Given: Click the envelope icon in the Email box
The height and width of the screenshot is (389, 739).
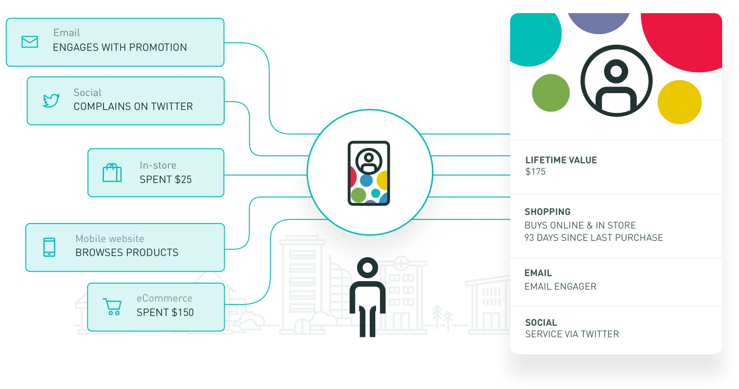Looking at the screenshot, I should [30, 42].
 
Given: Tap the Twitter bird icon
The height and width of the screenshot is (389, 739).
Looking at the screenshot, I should [51, 101].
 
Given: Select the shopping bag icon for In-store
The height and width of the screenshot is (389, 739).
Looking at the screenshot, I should [112, 173].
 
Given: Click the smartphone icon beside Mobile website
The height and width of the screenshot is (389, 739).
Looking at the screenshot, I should [49, 247].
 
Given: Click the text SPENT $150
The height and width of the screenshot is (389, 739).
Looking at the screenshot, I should [165, 313].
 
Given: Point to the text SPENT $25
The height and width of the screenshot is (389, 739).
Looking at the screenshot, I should [165, 180].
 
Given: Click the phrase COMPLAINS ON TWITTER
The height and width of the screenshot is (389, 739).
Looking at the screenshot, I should [133, 107].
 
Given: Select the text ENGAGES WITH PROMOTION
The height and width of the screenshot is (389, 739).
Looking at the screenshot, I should [120, 48].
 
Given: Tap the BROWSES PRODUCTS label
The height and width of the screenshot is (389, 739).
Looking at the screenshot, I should [127, 253].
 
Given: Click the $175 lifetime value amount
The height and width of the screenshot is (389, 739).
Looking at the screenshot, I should [535, 172].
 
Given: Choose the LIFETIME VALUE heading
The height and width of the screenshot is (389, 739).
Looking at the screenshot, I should [561, 160].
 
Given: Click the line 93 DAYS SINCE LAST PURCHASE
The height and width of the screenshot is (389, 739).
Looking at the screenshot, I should [594, 238].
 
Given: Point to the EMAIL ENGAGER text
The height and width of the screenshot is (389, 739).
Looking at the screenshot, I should [560, 287].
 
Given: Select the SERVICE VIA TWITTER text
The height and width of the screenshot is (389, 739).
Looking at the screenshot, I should [572, 334].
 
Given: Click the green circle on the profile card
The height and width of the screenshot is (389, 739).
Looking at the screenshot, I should [551, 93].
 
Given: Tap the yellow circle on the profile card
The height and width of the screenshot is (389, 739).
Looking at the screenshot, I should [679, 102].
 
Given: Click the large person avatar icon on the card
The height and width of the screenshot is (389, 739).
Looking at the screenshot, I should [616, 81].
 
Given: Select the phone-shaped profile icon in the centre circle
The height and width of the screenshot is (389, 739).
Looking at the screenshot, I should [369, 173].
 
